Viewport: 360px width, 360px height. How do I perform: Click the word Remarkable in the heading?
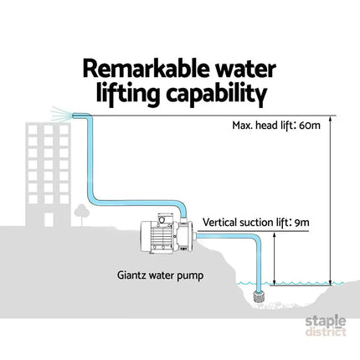[146, 69]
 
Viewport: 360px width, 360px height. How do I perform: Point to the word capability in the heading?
[217, 95]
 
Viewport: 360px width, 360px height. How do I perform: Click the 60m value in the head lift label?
[310, 126]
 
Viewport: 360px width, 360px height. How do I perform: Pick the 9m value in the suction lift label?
[301, 223]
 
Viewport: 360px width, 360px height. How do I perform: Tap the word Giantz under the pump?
[131, 275]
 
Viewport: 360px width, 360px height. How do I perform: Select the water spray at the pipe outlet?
[61, 114]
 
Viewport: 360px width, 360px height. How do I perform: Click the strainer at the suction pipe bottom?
[260, 296]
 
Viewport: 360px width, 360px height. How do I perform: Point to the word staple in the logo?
[326, 321]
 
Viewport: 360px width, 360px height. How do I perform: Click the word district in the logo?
[326, 332]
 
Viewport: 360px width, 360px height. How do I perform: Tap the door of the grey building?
[49, 219]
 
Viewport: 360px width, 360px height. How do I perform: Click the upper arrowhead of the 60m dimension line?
[331, 120]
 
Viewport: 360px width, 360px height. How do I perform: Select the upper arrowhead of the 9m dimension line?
[274, 235]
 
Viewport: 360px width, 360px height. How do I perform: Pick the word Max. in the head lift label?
[239, 126]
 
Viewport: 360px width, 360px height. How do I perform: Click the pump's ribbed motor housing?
[159, 236]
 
